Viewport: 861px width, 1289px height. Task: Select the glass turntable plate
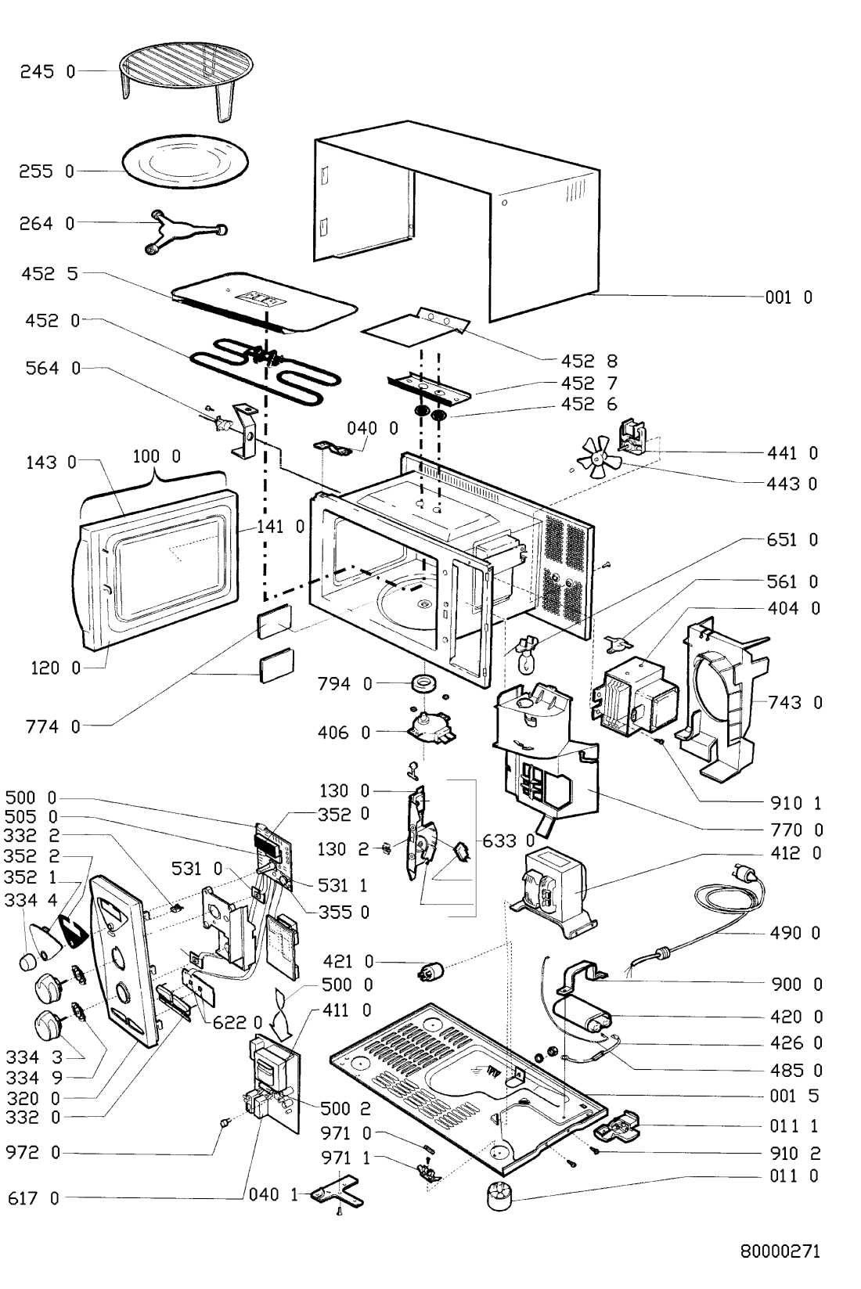(x=185, y=167)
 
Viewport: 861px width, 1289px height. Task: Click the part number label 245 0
(x=47, y=71)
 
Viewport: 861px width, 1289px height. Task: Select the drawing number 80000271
(x=780, y=1251)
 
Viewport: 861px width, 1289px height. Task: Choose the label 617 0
(x=33, y=1198)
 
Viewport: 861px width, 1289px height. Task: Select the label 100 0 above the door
(x=156, y=456)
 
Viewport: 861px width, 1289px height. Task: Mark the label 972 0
(x=33, y=1154)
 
